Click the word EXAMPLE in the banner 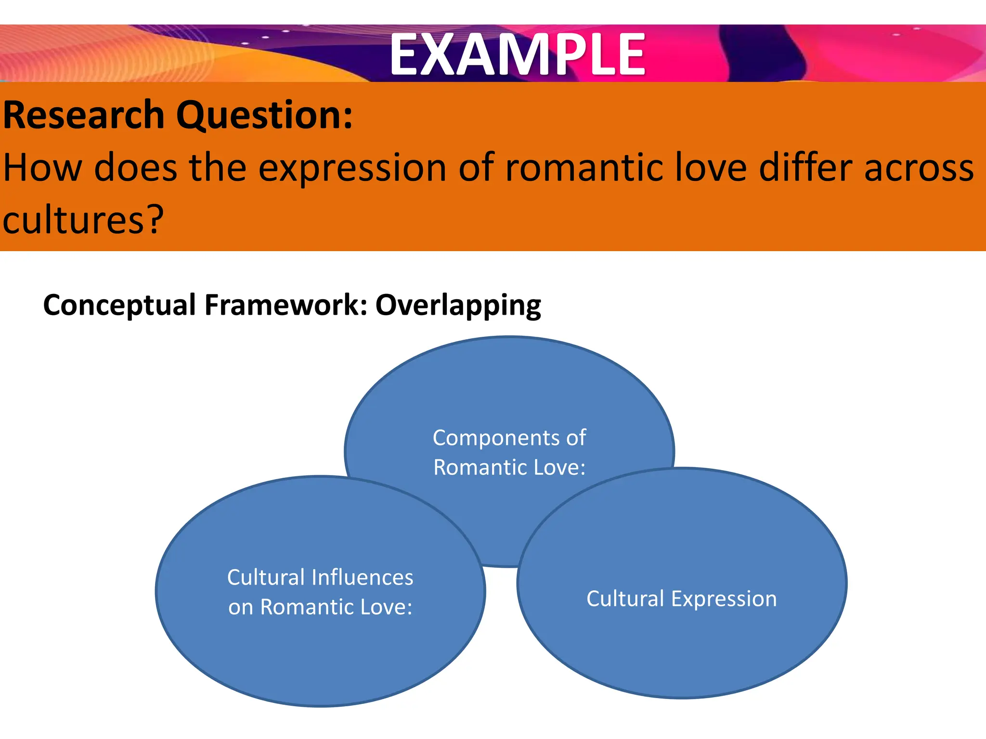point(517,54)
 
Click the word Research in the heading point(84,115)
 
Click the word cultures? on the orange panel point(83,220)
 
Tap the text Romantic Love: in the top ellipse point(509,468)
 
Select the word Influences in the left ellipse point(362,577)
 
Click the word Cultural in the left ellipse point(266,577)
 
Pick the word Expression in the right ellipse point(724,599)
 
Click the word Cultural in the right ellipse point(625,599)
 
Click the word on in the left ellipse point(241,608)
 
